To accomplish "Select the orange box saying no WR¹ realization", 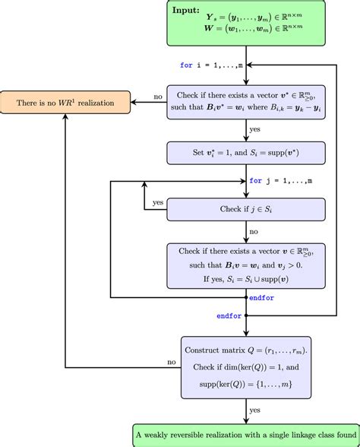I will point(65,102).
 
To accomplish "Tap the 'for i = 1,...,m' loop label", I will point(212,65).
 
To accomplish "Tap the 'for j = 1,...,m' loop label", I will point(280,181).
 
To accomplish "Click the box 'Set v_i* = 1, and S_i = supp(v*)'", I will point(245,153).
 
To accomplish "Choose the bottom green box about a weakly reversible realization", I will point(245,435).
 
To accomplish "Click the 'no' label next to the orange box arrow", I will point(158,97).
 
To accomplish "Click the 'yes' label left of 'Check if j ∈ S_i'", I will point(158,203).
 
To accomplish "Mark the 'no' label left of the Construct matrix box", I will point(172,363).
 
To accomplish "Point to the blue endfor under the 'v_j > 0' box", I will point(262,298).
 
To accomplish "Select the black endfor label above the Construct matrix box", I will point(229,315).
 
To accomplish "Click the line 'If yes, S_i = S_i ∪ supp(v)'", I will point(245,278).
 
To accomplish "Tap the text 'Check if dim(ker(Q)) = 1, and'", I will point(245,368).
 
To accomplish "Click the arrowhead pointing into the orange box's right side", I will point(135,102).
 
